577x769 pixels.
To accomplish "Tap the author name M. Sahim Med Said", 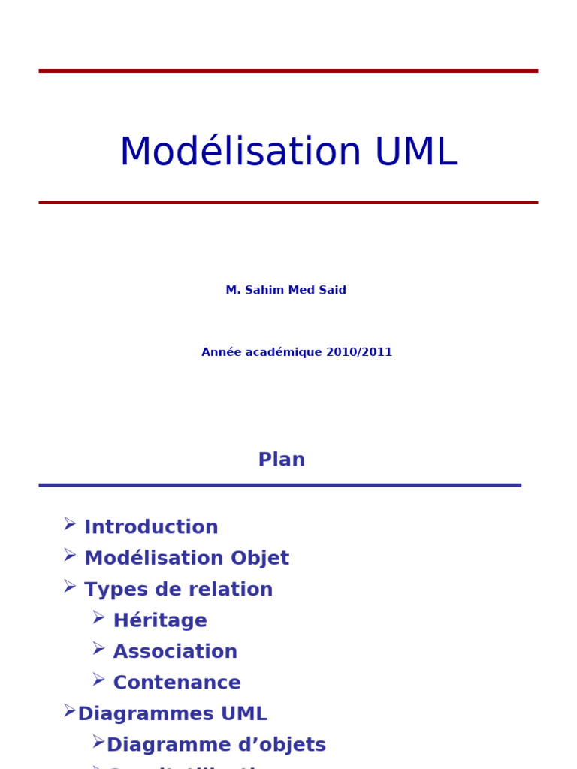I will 285,290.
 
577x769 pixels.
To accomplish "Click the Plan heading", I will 281,460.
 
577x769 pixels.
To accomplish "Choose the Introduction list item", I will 151,527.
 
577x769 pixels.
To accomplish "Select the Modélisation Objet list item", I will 186,559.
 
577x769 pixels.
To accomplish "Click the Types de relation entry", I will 178,590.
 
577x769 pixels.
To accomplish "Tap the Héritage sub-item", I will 160,621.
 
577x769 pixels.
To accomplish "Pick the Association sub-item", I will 175,652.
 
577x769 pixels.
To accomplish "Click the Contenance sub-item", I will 177,683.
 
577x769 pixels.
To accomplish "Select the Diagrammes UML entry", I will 172,714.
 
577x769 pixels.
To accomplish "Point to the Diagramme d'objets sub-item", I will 216,745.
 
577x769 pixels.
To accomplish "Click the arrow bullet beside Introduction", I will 70,523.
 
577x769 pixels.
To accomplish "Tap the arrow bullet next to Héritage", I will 98,617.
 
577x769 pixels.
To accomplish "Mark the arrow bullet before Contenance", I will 98,680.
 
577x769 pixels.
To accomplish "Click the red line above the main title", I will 288,71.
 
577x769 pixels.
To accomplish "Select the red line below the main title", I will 288,202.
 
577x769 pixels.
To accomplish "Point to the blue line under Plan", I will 279,485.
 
